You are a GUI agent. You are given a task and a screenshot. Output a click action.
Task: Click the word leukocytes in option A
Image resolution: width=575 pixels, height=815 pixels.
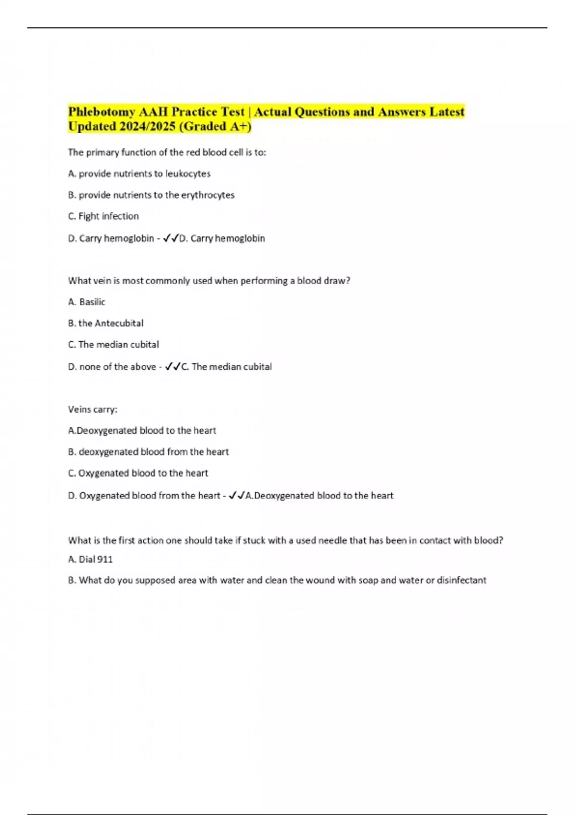pyautogui.click(x=188, y=174)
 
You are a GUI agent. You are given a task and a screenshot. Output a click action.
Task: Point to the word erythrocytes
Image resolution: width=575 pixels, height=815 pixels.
pyautogui.click(x=207, y=195)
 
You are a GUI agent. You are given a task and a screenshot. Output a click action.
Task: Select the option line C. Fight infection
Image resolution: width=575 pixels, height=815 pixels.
pyautogui.click(x=103, y=216)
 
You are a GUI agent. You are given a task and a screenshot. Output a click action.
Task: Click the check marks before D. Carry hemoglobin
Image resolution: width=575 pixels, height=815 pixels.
pyautogui.click(x=171, y=238)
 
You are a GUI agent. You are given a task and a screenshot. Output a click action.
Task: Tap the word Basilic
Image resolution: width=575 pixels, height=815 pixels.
pyautogui.click(x=92, y=302)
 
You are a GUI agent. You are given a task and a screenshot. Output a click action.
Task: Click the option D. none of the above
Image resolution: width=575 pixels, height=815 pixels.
pyautogui.click(x=112, y=367)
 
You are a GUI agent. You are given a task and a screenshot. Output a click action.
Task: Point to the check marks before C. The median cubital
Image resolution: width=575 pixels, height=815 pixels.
pyautogui.click(x=172, y=367)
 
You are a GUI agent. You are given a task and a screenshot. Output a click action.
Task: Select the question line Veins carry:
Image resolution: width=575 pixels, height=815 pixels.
pyautogui.click(x=92, y=409)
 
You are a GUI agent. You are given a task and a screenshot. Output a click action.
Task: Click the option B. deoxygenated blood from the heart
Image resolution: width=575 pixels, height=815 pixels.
pyautogui.click(x=149, y=452)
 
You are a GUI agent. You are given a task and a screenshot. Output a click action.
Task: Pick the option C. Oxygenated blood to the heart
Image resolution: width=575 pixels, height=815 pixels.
pyautogui.click(x=138, y=473)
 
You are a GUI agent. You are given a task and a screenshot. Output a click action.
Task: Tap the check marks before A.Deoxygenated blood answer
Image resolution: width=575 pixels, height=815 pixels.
pyautogui.click(x=237, y=496)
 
